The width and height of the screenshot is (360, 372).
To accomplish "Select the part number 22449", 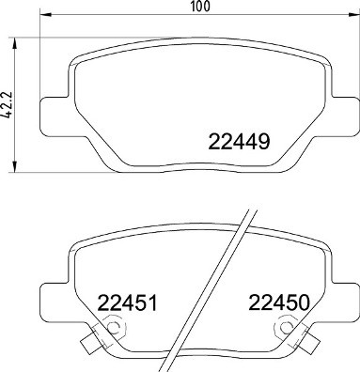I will click(x=239, y=144).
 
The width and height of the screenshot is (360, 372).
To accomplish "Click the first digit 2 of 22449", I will click(x=212, y=144).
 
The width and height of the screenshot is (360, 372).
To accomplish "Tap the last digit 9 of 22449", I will click(x=265, y=144).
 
